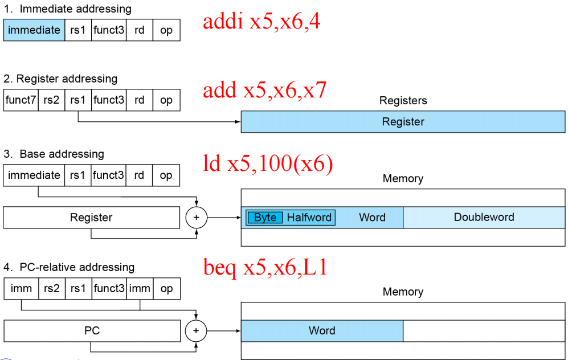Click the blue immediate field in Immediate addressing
click(34, 30)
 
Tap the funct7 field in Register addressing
click(21, 100)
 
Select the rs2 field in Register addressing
click(51, 100)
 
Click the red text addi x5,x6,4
click(261, 22)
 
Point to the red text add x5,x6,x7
click(265, 90)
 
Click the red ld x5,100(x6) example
click(268, 163)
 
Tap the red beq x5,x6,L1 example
click(265, 268)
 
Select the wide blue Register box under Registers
click(403, 122)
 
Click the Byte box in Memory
click(265, 217)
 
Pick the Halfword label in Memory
click(309, 217)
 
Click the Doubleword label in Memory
click(484, 217)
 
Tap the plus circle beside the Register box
click(197, 217)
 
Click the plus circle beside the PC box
click(196, 330)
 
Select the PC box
click(92, 330)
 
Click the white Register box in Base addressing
click(91, 217)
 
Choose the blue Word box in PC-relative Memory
click(322, 330)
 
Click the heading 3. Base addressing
click(54, 154)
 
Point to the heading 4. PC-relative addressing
click(69, 267)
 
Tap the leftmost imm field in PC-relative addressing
click(21, 289)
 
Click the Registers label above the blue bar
click(403, 101)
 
